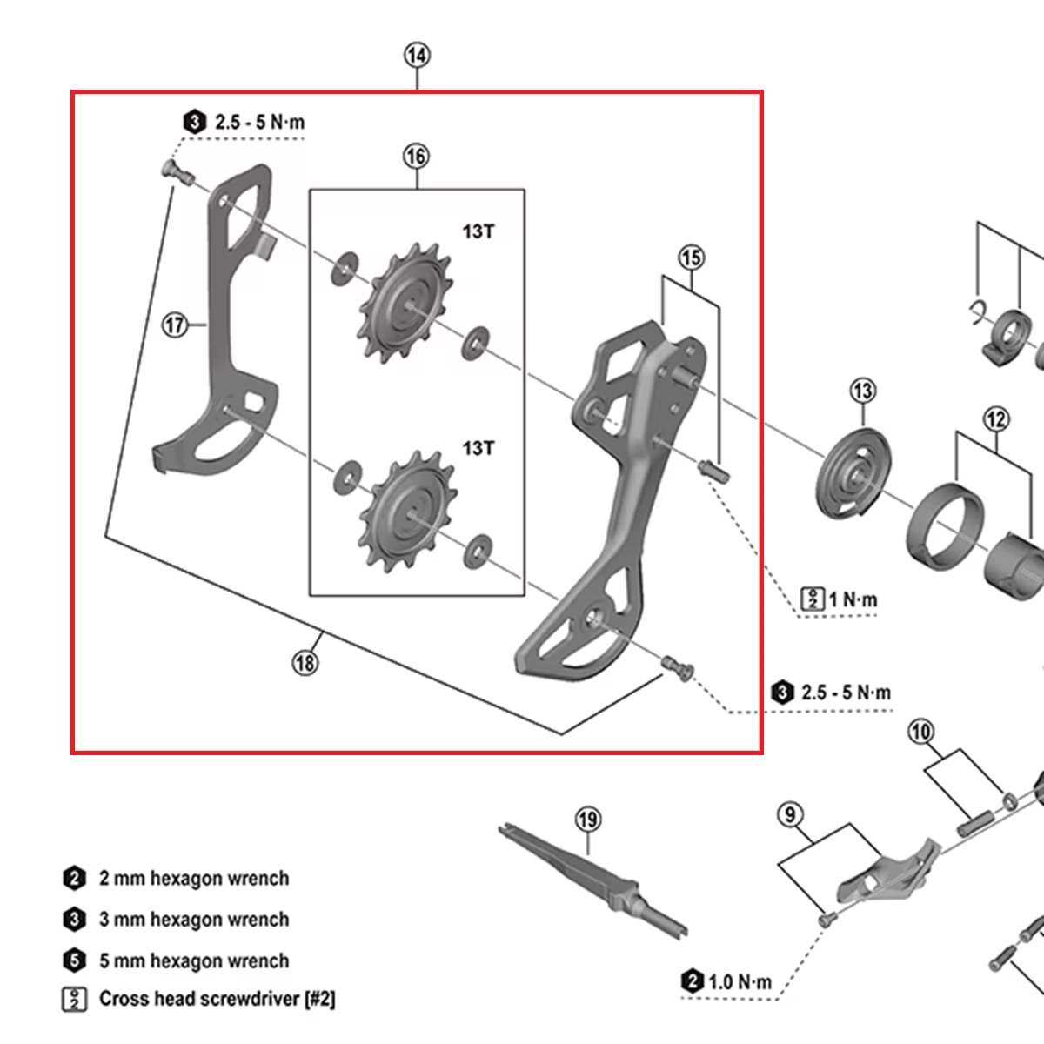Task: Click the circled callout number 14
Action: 417,56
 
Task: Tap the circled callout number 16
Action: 416,156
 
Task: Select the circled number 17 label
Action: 175,325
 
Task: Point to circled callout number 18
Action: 305,663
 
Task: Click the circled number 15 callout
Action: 692,258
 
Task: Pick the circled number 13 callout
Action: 863,391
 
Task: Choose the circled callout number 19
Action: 588,820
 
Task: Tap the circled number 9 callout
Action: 791,814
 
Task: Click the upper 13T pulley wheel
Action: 405,304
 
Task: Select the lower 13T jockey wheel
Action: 407,512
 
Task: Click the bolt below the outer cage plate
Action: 679,666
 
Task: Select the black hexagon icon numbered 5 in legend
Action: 74,960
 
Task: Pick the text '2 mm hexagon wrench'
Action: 194,878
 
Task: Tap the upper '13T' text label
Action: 478,231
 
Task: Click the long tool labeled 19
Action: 592,878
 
